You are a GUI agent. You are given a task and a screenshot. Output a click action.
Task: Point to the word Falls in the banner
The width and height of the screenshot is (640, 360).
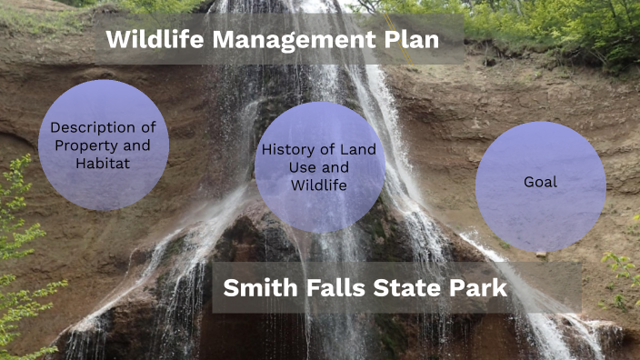tap(340, 288)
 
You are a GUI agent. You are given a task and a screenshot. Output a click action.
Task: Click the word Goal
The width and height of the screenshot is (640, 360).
tap(541, 183)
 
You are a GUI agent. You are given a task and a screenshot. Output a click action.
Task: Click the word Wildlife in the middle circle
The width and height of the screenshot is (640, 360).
tap(319, 185)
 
